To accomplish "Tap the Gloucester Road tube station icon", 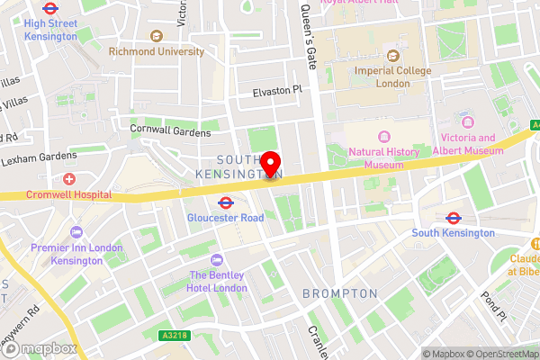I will click(x=226, y=202).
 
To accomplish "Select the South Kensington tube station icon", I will click(x=454, y=217).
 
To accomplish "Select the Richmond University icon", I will click(x=157, y=36).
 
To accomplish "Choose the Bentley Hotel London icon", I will click(x=217, y=258).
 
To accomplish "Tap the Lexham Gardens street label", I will click(x=39, y=156).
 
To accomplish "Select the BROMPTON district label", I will click(x=340, y=293).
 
